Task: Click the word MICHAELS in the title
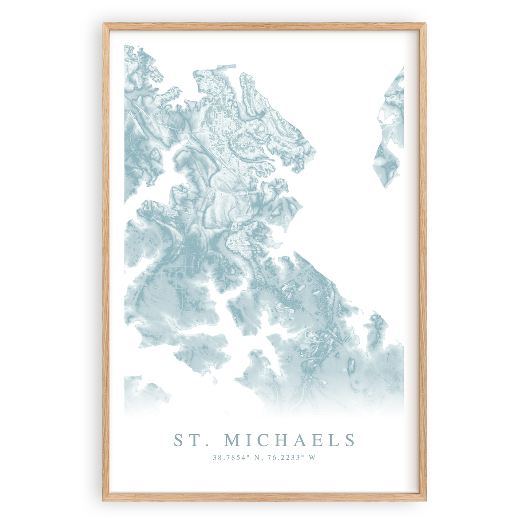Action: [289, 440]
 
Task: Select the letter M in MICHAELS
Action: [234, 440]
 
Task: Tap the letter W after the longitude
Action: [312, 458]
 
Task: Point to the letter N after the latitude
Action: [257, 458]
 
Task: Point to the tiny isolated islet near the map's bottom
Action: [215, 381]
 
